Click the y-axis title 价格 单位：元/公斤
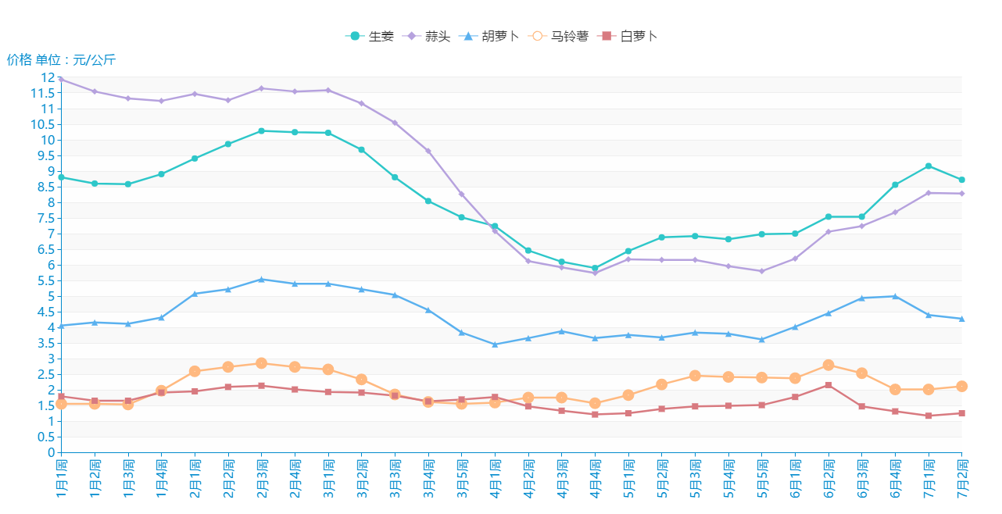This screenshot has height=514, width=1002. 61,60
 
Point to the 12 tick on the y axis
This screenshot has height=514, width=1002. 48,77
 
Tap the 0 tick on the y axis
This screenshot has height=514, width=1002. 52,452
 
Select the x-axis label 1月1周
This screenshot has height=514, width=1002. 61,478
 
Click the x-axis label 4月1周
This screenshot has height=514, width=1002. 495,478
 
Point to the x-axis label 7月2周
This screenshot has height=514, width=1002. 961,478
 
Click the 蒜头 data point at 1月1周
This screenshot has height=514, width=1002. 61,79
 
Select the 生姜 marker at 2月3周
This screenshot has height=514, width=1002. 261,130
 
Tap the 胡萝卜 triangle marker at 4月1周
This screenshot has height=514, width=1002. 495,344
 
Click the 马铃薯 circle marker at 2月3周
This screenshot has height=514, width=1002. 261,363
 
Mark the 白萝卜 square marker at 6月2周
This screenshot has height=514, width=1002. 828,385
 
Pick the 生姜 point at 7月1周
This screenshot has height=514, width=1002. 928,166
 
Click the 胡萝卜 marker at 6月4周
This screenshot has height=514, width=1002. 895,296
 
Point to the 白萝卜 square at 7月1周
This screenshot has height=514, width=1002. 928,416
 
